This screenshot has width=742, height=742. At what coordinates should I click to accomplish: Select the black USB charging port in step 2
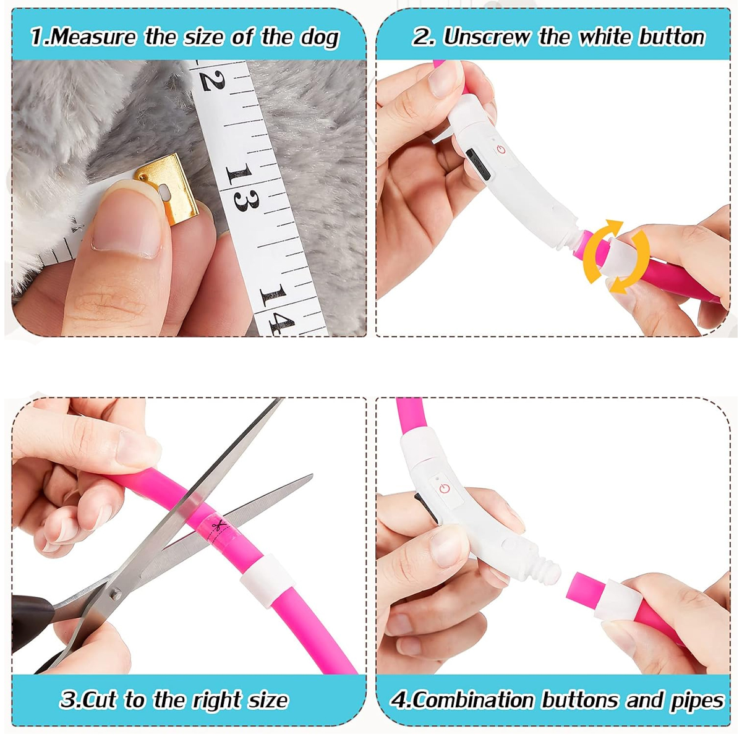pos(478,164)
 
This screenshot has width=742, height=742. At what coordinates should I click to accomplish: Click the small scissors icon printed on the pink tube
pos(219,524)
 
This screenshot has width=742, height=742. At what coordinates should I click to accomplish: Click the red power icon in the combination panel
pos(445,489)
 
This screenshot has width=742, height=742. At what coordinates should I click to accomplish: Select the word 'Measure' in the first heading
pos(93,37)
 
